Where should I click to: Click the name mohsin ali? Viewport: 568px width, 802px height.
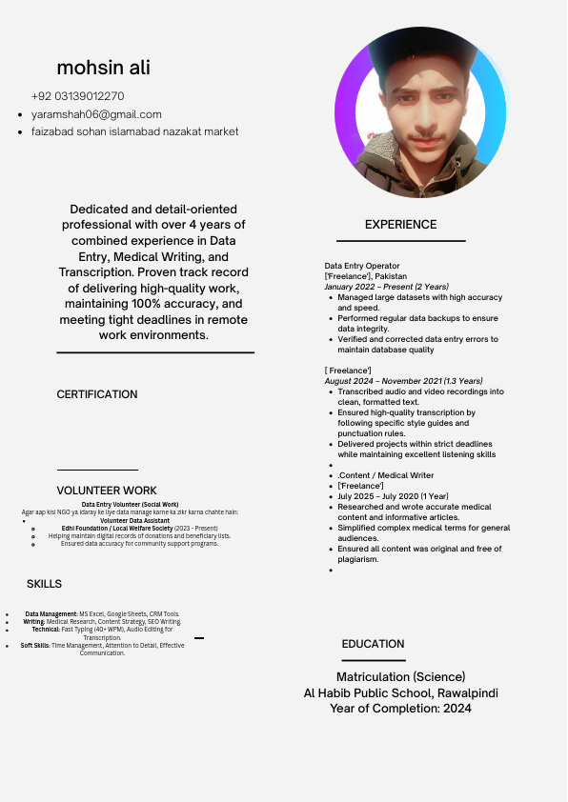point(103,68)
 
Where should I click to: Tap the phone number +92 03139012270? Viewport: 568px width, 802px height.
point(77,96)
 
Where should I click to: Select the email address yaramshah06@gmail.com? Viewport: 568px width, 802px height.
point(96,114)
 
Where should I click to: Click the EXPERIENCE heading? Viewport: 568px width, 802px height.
point(400,225)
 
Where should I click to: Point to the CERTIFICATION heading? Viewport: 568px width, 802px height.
point(97,394)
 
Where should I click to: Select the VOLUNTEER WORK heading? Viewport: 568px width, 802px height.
point(107,491)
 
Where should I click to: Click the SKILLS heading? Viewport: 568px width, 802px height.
point(44,584)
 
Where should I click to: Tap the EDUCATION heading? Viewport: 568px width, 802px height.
point(373,644)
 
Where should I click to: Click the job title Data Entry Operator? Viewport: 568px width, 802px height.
point(362,266)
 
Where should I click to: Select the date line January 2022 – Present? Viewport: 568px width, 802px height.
point(386,287)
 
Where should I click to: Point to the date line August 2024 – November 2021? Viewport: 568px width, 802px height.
point(403,381)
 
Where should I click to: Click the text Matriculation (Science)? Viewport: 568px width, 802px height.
point(400,677)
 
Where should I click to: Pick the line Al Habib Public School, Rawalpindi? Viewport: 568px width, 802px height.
point(400,693)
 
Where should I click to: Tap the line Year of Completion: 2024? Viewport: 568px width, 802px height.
point(400,709)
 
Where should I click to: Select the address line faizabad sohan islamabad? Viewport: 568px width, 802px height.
point(134,131)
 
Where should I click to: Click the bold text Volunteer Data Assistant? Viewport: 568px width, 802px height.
point(134,521)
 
